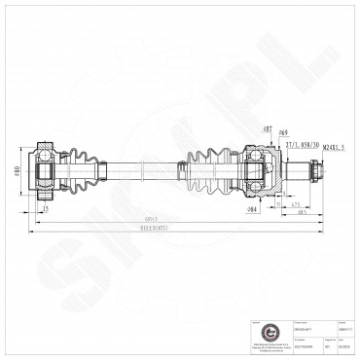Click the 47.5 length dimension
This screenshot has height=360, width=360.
coord(294,206)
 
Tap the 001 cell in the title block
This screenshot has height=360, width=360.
coord(328,344)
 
